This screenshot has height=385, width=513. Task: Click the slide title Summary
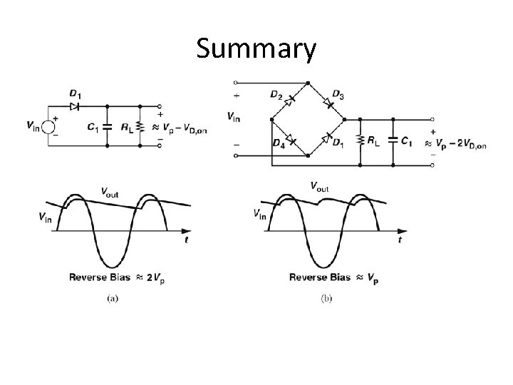pyautogui.click(x=256, y=50)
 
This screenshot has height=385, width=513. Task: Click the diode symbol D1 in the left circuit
pyautogui.click(x=74, y=106)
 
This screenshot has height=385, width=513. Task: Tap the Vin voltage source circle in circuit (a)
pyautogui.click(x=48, y=127)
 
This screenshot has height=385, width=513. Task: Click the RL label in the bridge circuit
pyautogui.click(x=374, y=141)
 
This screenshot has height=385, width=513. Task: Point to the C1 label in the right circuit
pyautogui.click(x=405, y=141)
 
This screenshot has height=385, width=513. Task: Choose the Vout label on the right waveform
pyautogui.click(x=320, y=187)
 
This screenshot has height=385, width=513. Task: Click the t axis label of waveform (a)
pyautogui.click(x=186, y=241)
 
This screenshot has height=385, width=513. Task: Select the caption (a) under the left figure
pyautogui.click(x=113, y=299)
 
